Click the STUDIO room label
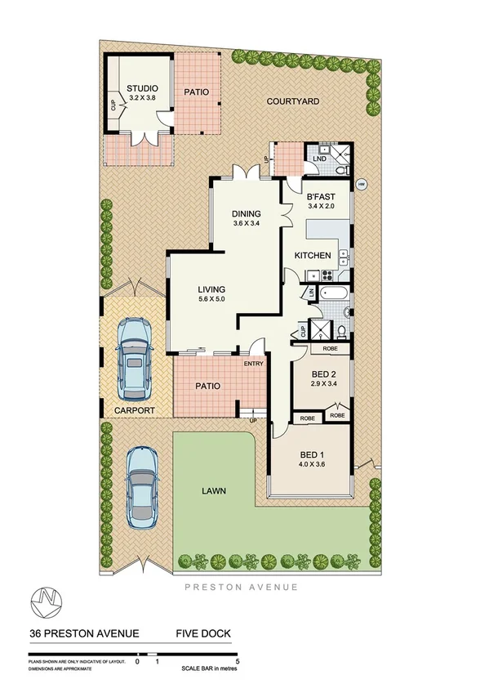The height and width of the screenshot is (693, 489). (141, 89)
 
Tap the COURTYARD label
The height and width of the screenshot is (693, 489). (291, 101)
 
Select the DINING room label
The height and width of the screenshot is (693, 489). (246, 212)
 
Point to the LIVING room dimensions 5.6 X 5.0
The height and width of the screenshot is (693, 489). (211, 299)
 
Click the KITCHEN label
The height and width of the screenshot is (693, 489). (313, 256)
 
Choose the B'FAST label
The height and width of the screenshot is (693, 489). (321, 197)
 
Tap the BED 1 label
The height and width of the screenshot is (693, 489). (309, 454)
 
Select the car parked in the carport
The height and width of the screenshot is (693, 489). (135, 355)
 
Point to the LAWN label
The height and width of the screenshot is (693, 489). (214, 491)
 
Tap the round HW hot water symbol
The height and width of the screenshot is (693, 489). (360, 184)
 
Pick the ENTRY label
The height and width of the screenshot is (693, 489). (253, 364)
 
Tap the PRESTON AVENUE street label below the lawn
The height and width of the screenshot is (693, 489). (240, 587)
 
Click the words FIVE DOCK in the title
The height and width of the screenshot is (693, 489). (205, 633)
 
